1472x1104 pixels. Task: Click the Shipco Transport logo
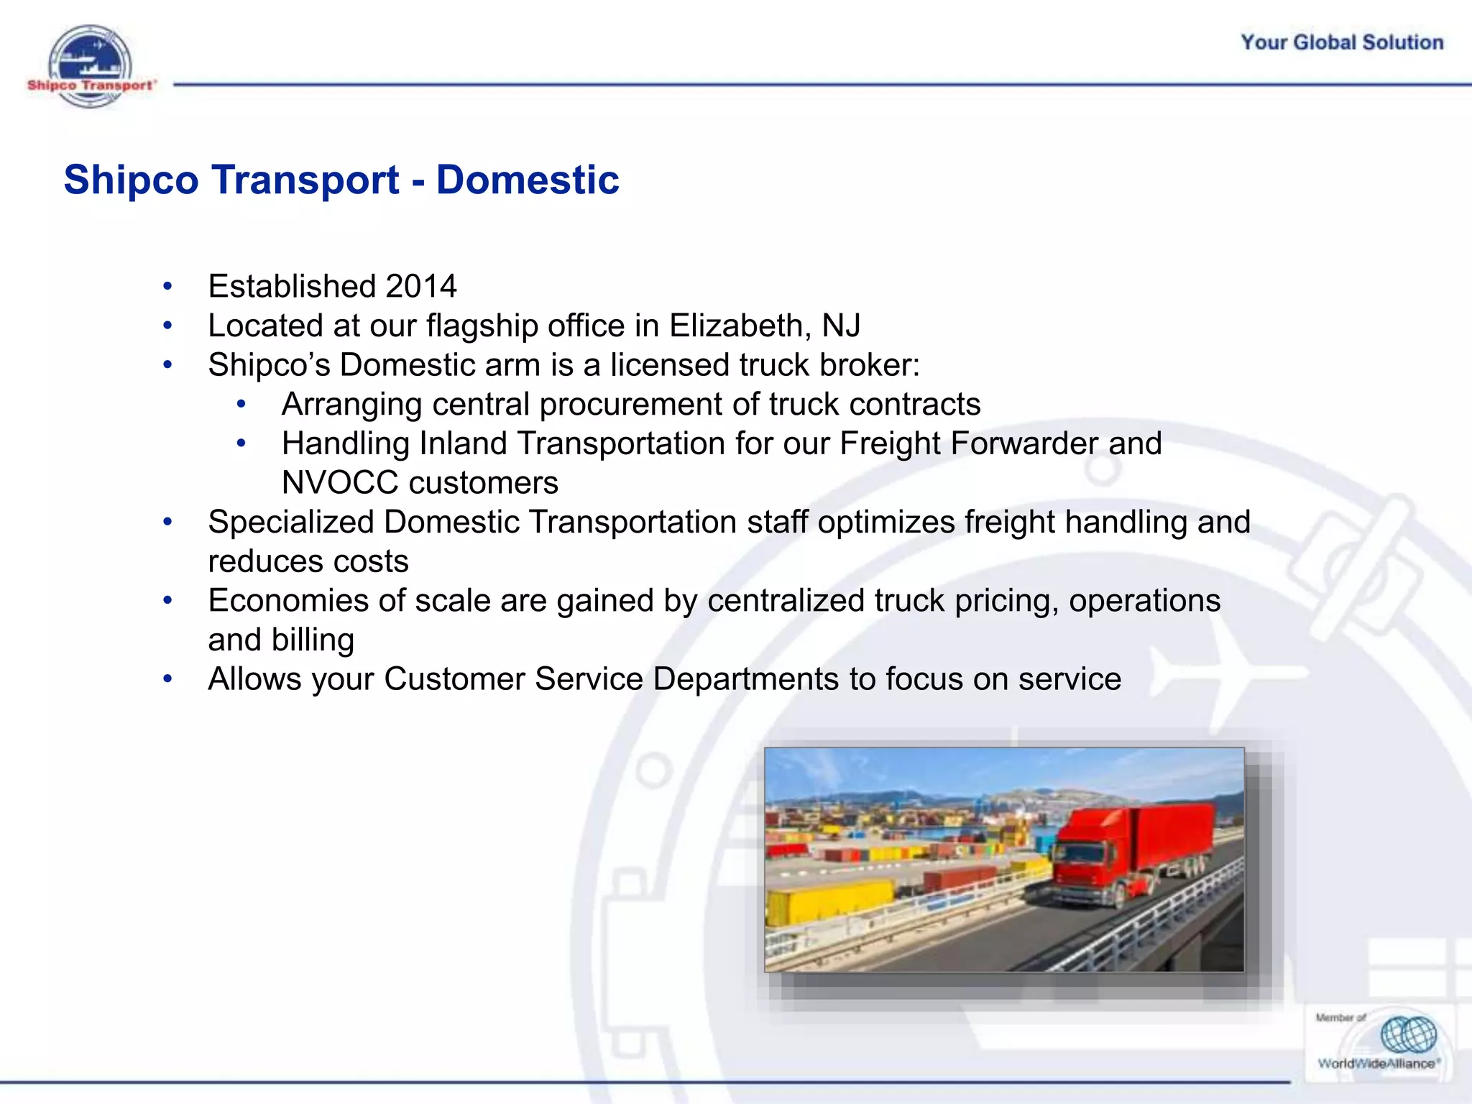pos(90,68)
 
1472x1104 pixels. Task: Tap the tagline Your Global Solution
pos(1341,42)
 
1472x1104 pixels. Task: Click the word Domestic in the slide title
pos(527,180)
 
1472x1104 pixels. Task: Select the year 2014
pos(420,287)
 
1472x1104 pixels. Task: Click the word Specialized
pos(291,523)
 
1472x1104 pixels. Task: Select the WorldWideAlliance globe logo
pos(1407,1035)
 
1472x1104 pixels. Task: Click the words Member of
pos(1340,1018)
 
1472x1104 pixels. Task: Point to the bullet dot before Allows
pos(167,680)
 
